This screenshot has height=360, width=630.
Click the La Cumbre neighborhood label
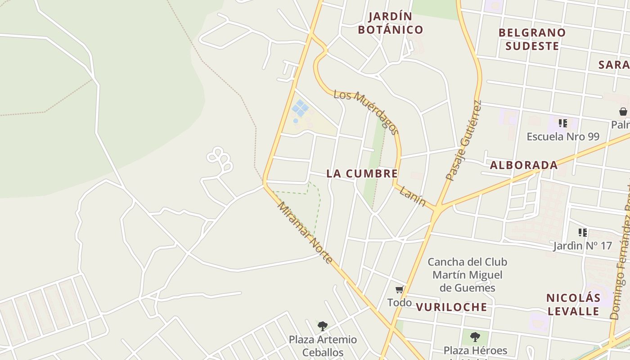coord(362,174)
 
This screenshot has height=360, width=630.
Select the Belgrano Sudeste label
coord(532,39)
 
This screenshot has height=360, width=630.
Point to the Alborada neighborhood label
coord(524,165)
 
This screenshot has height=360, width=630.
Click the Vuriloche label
coord(451,307)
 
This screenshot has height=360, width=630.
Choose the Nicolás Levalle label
coord(573,304)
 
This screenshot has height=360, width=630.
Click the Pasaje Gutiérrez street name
coord(464,140)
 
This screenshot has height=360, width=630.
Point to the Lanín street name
coord(412,196)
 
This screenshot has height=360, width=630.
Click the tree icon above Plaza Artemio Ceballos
coord(322,326)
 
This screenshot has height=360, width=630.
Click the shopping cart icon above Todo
coord(399,290)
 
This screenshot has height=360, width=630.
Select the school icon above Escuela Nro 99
coord(562,123)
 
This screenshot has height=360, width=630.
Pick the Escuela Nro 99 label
coord(563,136)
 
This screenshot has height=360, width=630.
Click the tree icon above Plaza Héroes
coord(475,337)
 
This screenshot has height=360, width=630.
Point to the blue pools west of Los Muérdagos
coord(300,108)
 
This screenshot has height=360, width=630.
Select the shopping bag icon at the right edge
coord(623,111)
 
